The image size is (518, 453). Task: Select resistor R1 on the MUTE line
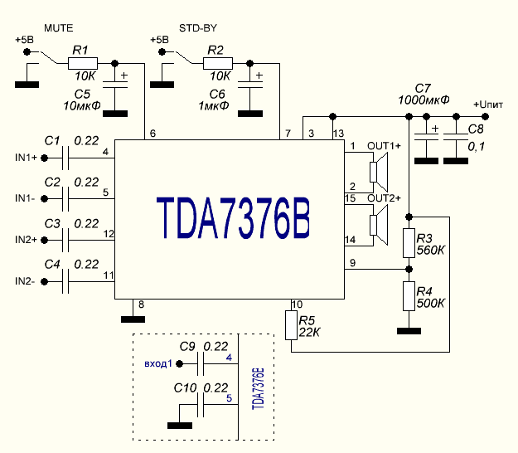click(82, 63)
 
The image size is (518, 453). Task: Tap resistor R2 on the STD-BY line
click(218, 63)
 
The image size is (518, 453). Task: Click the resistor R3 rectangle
click(409, 243)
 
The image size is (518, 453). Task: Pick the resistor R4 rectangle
click(409, 296)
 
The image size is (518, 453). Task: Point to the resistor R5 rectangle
click(291, 325)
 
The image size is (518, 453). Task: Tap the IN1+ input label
click(26, 157)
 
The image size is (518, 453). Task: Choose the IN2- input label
click(25, 281)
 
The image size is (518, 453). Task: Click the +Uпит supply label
click(488, 104)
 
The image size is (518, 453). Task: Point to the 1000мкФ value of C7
click(424, 100)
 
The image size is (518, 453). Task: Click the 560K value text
click(432, 250)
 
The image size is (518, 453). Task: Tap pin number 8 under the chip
click(141, 304)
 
